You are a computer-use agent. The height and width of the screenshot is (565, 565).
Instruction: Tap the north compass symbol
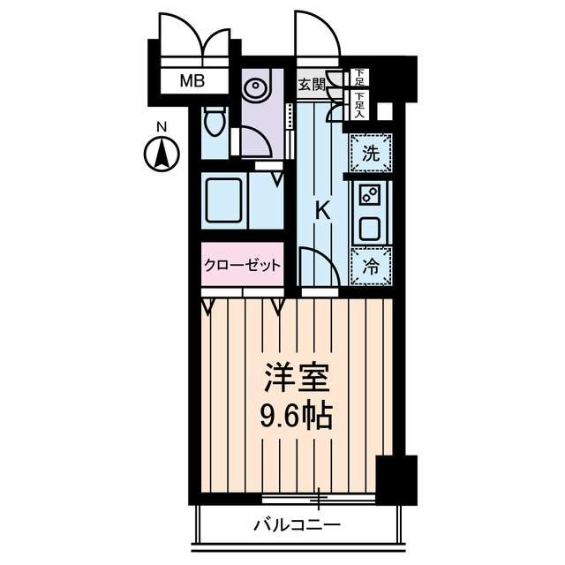pyautogui.click(x=162, y=156)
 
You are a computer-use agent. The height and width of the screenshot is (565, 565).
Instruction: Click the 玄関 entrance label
pyautogui.click(x=310, y=85)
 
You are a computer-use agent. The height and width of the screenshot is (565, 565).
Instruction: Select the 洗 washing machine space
pyautogui.click(x=372, y=153)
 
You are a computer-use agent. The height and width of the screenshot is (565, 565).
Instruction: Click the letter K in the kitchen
pyautogui.click(x=323, y=211)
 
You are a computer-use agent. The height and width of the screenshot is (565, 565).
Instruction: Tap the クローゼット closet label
pyautogui.click(x=242, y=265)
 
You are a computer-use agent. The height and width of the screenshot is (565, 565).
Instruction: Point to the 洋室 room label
pyautogui.click(x=298, y=380)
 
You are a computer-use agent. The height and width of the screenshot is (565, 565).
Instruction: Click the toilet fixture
pyautogui.click(x=213, y=123)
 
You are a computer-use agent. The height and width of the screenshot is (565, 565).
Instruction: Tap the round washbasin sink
pyautogui.click(x=256, y=88)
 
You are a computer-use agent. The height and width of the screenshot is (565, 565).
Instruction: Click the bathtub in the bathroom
pyautogui.click(x=222, y=201)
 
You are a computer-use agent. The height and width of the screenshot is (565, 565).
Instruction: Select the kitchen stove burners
pyautogui.click(x=371, y=194)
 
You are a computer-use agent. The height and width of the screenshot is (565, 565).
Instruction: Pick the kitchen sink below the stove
pyautogui.click(x=370, y=229)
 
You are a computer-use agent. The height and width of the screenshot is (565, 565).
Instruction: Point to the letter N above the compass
pyautogui.click(x=162, y=129)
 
